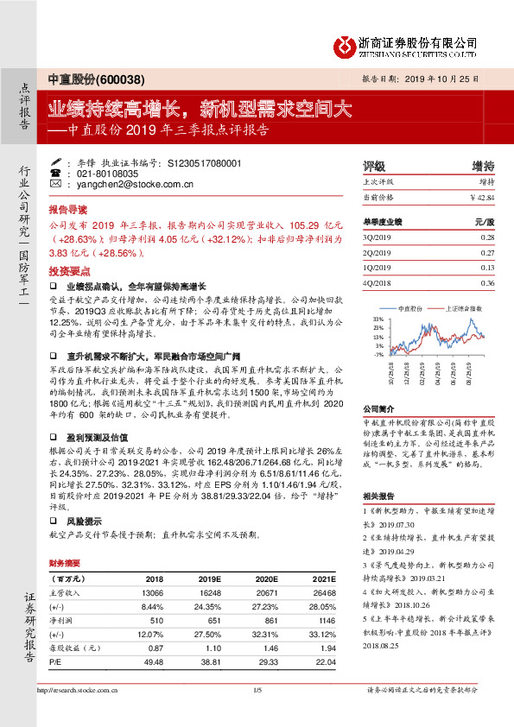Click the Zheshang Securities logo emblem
click(346, 44)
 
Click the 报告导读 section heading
click(67, 210)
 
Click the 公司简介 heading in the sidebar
click(378, 408)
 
